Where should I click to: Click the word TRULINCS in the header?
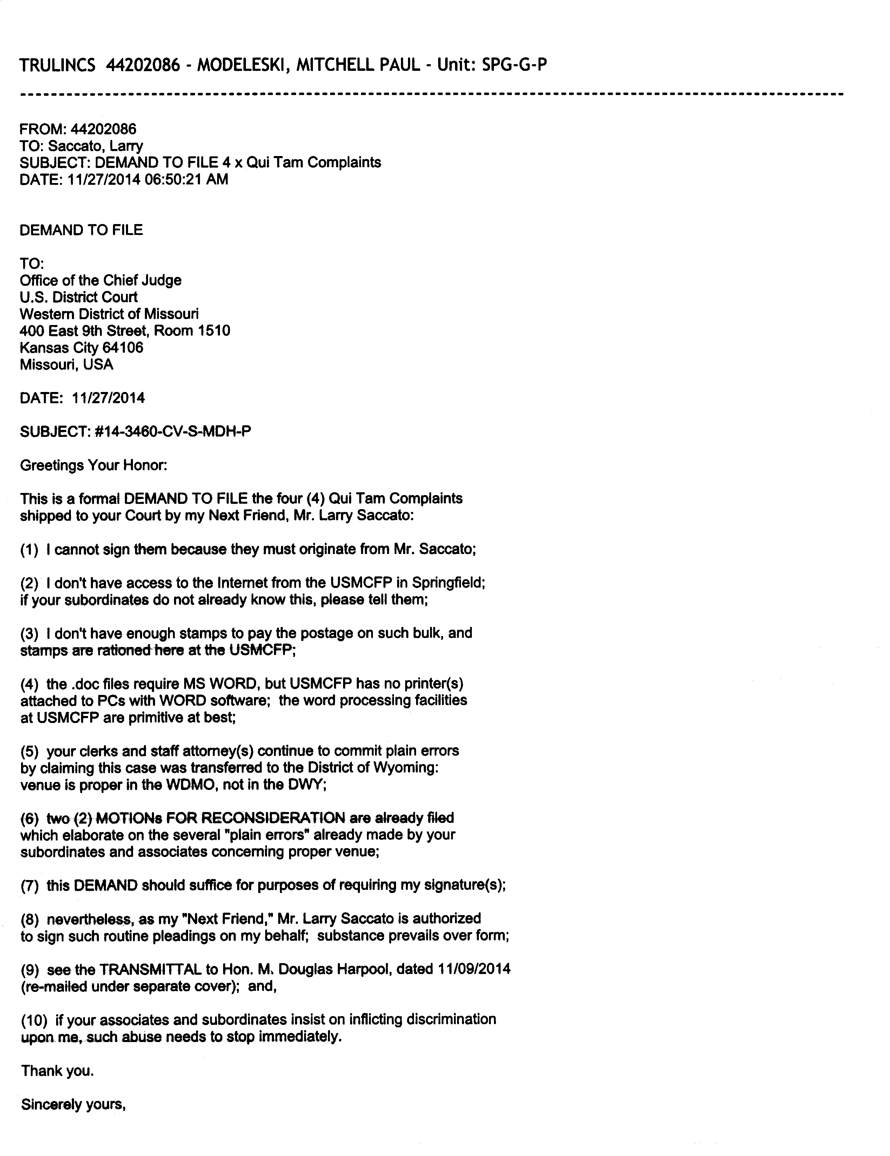[x=57, y=65]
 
